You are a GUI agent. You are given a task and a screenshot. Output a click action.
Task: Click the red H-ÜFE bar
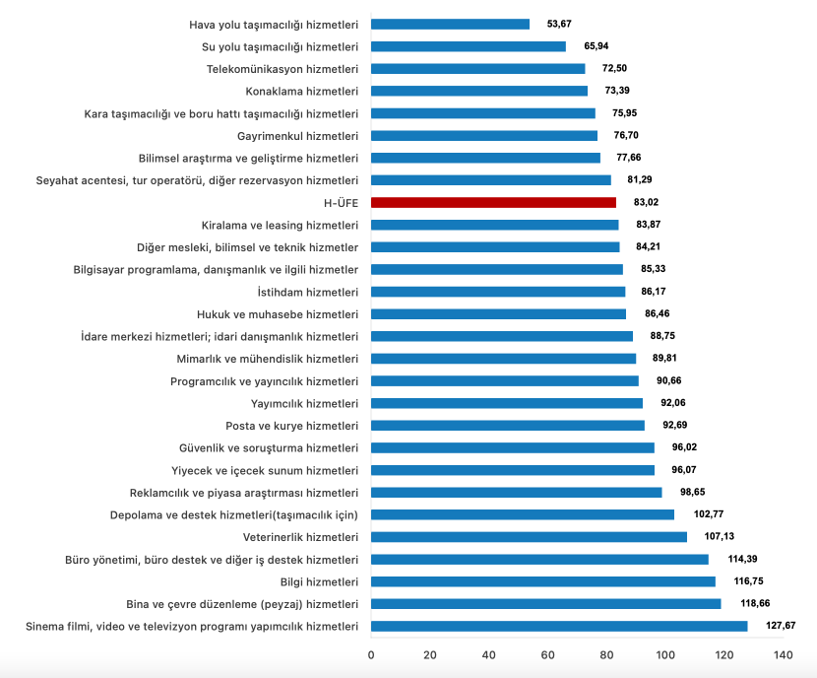click(x=493, y=202)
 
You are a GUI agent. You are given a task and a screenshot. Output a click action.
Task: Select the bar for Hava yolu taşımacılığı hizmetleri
click(x=450, y=24)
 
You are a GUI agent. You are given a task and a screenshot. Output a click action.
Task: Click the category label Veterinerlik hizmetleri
click(x=300, y=537)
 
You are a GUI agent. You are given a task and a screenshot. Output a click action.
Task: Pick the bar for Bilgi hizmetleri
click(x=543, y=581)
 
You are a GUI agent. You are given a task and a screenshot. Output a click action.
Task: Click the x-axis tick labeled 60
click(x=548, y=655)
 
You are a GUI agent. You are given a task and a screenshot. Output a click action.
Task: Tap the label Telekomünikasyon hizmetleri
click(x=283, y=69)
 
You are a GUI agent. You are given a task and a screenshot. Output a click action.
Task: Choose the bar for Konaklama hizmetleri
click(x=479, y=91)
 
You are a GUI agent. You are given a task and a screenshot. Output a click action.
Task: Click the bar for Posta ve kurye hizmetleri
click(x=508, y=426)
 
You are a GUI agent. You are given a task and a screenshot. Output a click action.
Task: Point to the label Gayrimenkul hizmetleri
click(x=297, y=135)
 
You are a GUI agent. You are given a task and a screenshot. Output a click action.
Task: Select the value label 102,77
click(x=708, y=514)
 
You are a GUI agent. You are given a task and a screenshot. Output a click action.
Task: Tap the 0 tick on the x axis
click(x=372, y=655)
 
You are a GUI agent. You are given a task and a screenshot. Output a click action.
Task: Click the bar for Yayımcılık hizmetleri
click(x=507, y=403)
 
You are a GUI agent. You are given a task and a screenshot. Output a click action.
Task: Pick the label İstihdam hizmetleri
click(x=306, y=292)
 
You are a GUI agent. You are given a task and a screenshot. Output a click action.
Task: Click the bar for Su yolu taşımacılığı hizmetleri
click(x=469, y=46)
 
